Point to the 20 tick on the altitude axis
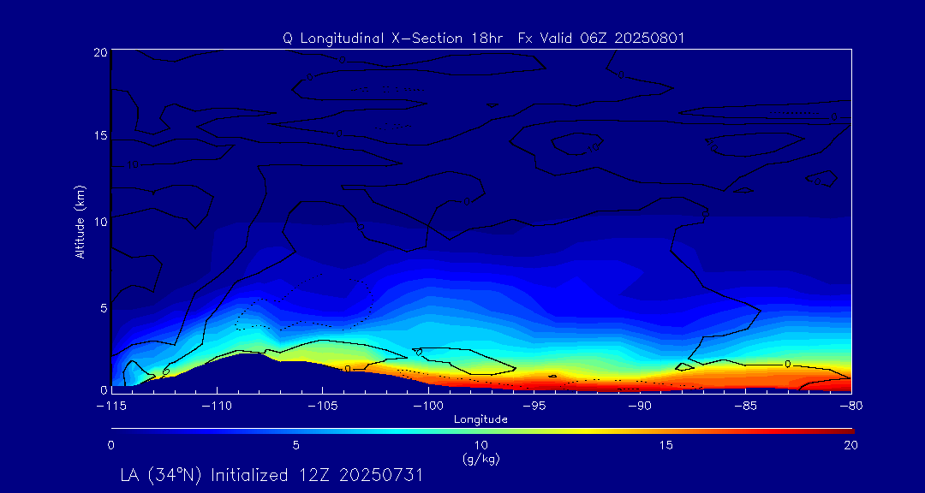pos(98,52)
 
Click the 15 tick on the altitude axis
pos(98,136)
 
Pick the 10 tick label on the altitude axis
pos(98,221)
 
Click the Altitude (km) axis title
pos(81,221)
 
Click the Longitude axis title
pos(481,419)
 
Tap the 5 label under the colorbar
pos(296,445)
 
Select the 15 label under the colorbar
pos(666,445)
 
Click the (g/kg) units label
pos(481,460)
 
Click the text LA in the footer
pos(131,475)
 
